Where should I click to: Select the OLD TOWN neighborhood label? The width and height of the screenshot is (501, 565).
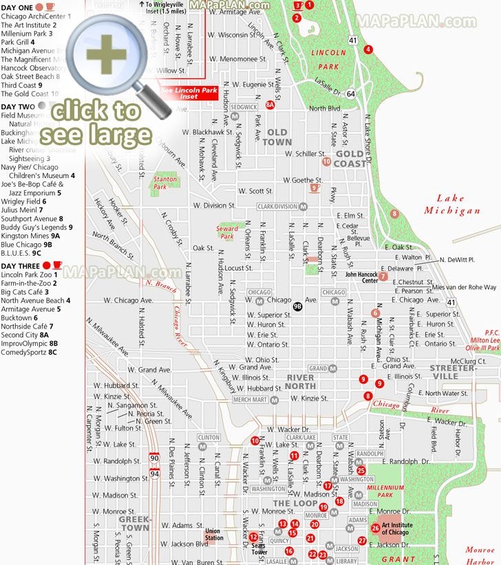pos(277,137)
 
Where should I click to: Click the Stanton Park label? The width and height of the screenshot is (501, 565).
pos(165,182)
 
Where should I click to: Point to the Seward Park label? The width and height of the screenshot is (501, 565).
pos(227,232)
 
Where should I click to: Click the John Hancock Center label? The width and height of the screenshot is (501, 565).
pos(361,277)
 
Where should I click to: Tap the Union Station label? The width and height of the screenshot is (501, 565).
pos(213,533)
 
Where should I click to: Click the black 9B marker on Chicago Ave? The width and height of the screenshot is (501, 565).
pos(297,307)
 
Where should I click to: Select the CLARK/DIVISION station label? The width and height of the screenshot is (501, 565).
pos(277,206)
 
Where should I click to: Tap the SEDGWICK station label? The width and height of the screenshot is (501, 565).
pos(244,107)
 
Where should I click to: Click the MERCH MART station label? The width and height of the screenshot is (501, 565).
pos(250,399)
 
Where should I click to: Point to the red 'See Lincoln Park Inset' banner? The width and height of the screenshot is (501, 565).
pos(180,93)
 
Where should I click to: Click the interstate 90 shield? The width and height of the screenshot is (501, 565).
pos(153,456)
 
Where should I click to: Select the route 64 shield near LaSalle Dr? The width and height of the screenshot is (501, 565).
pos(350,93)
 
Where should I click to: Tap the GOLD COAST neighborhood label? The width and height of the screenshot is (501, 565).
pos(350,159)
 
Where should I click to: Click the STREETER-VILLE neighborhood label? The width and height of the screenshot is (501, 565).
pos(453,372)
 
